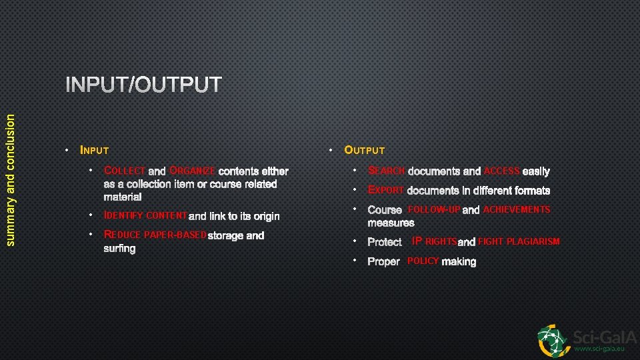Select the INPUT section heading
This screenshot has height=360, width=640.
94,151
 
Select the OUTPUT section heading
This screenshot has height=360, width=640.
364,151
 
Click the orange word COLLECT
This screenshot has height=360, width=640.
125,171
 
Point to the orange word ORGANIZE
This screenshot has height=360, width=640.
192,171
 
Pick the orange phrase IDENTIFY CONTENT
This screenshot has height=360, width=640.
145,216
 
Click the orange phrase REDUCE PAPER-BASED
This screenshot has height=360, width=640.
155,235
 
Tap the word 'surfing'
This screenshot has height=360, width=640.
119,249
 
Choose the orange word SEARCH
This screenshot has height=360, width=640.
386,171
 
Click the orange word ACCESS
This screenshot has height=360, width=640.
501,171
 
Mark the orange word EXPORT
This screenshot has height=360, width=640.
385,190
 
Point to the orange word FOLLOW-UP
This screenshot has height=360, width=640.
434,209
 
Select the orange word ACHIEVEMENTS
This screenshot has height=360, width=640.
517,209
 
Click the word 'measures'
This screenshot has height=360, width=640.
391,223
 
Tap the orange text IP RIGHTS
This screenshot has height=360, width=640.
434,241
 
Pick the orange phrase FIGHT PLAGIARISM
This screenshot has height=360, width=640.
519,241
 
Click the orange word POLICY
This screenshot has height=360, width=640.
423,261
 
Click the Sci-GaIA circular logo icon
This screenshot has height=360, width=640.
554,340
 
